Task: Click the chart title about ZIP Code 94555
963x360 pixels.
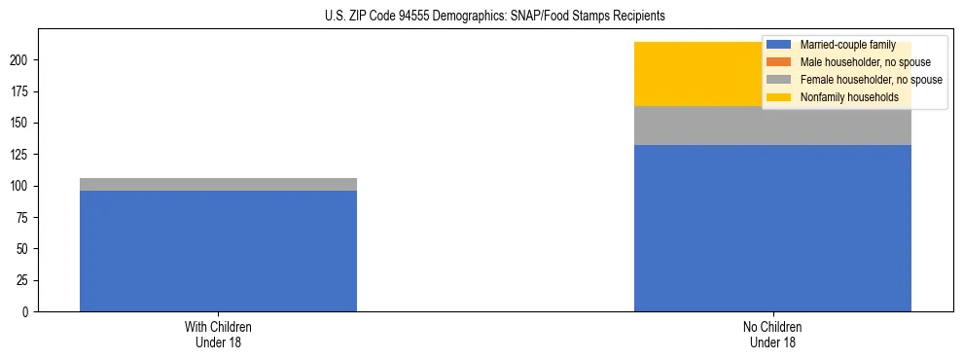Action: [x=495, y=17]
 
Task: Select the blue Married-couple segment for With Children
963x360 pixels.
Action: [x=218, y=251]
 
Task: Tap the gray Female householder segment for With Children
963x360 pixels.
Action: [x=218, y=184]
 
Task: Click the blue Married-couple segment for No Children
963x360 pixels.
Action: [x=772, y=229]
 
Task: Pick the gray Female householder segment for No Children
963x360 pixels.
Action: [x=772, y=126]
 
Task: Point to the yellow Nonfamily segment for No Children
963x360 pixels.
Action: [x=700, y=74]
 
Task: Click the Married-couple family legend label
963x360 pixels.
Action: [x=847, y=45]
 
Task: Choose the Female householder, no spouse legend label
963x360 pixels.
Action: [x=871, y=80]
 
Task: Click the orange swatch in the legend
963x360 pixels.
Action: [x=780, y=62]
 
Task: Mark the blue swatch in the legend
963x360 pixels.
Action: [x=780, y=45]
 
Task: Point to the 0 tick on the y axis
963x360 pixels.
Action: [x=28, y=312]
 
